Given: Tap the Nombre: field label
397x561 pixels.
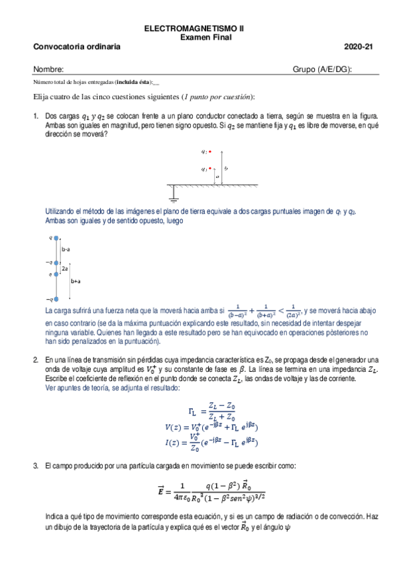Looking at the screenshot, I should [48, 69].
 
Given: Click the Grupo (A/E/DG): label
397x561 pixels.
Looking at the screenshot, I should [322, 69].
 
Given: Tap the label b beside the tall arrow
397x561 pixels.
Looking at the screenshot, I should [227, 169].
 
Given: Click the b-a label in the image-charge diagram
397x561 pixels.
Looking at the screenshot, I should [66, 250].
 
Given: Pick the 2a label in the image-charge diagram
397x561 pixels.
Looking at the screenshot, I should [64, 269].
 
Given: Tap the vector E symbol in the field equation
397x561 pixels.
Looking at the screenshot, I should [161, 490].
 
